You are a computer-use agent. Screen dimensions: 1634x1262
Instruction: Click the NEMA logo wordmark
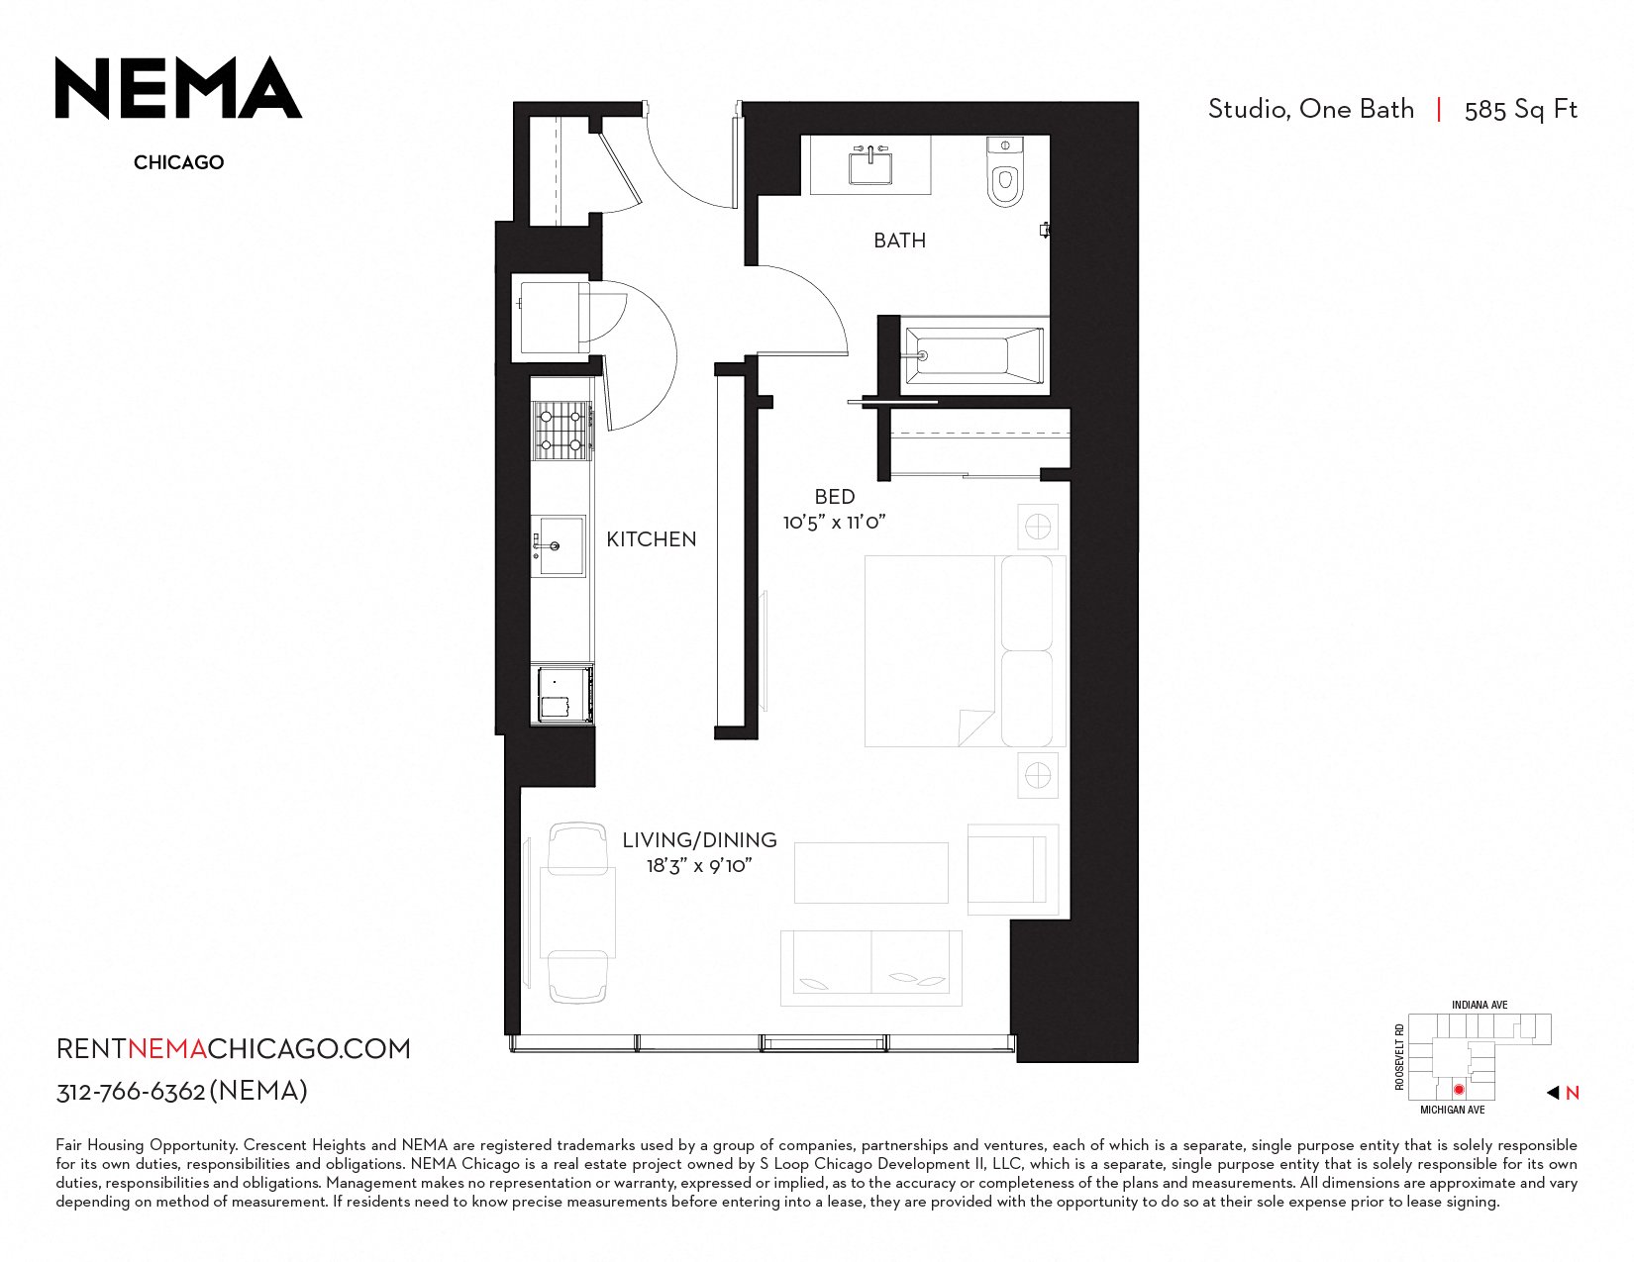(x=178, y=88)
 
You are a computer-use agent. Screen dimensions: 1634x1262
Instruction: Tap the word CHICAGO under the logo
(x=178, y=162)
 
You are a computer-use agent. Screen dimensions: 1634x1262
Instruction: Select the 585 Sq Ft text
(x=1520, y=110)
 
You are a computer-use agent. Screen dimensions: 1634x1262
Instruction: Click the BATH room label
(x=899, y=241)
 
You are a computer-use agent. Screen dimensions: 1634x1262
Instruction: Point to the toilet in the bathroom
(x=1005, y=172)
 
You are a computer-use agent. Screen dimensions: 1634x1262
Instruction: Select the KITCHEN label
(x=652, y=538)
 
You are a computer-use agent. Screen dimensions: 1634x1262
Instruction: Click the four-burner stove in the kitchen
(x=561, y=430)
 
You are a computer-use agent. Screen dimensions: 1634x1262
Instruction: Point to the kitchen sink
(x=558, y=545)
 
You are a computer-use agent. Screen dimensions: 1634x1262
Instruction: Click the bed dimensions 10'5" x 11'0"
(x=834, y=522)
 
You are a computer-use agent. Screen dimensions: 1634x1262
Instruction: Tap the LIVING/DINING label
(x=699, y=839)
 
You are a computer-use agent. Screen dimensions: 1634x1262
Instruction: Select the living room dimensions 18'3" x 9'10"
(x=699, y=866)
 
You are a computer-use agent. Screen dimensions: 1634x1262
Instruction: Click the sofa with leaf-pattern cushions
(x=870, y=968)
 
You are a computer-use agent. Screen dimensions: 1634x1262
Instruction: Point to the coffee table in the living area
(x=871, y=873)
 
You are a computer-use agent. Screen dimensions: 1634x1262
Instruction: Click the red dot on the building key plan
(x=1459, y=1089)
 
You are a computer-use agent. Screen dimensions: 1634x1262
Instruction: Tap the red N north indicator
(x=1573, y=1094)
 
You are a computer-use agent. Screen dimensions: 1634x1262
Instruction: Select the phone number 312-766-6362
(x=131, y=1092)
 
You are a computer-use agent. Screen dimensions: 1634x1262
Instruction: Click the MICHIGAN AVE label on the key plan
(x=1452, y=1110)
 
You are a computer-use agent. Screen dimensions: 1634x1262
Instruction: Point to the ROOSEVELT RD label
(x=1398, y=1056)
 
